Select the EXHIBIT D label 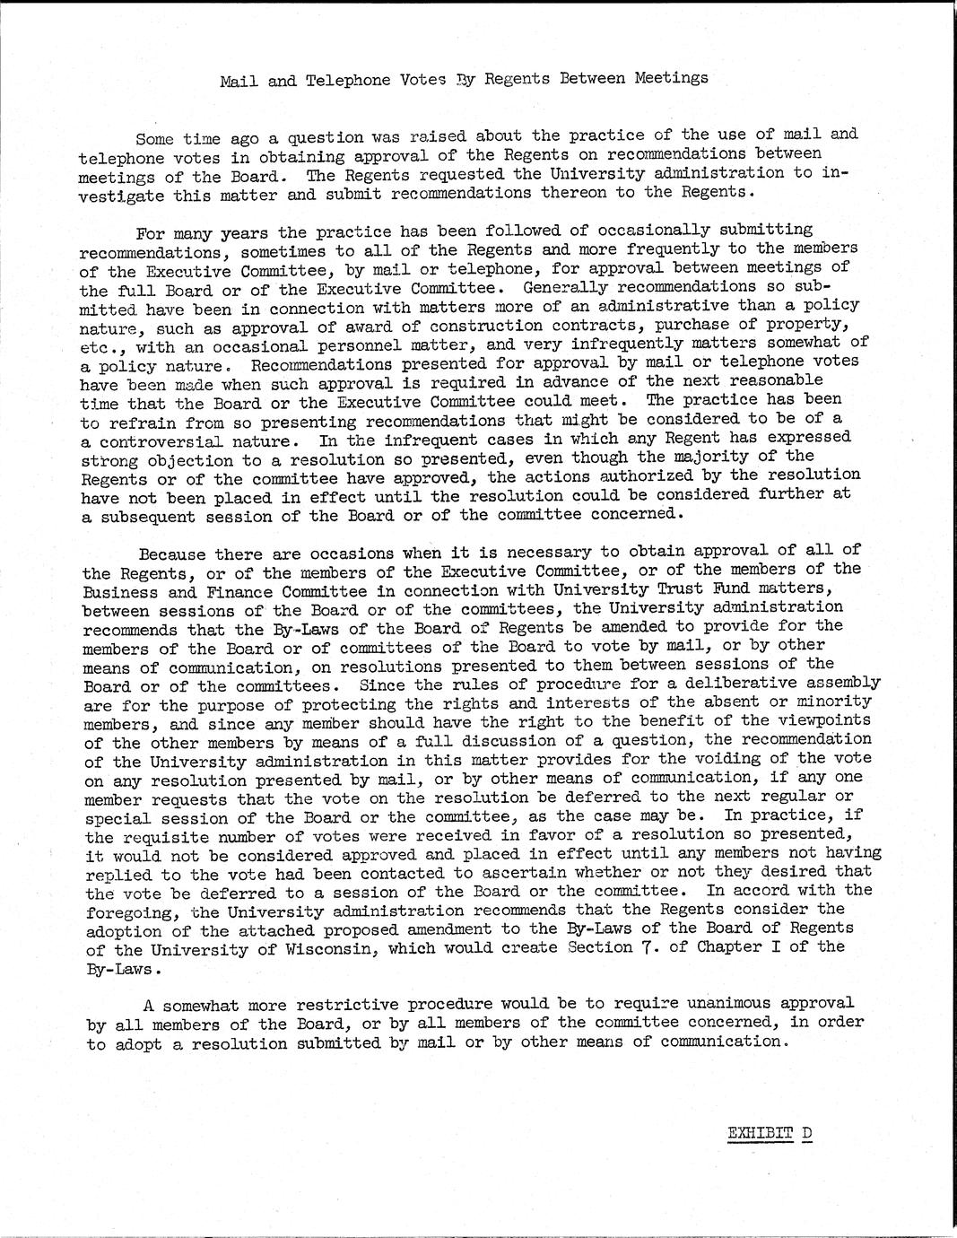pyautogui.click(x=770, y=1132)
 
